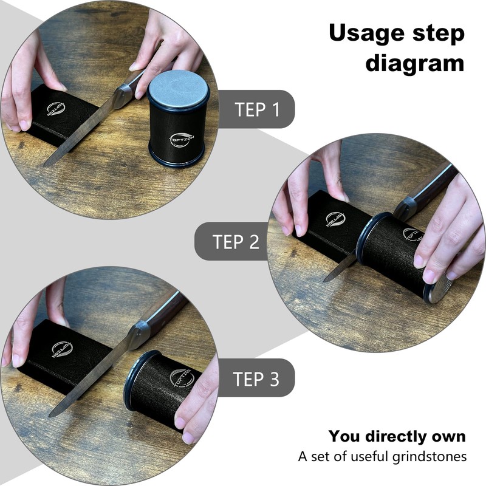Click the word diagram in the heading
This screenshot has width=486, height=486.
coord(414,63)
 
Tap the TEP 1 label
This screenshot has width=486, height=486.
coord(257,109)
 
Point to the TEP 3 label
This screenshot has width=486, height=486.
coord(256,379)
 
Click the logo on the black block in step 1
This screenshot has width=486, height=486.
coord(55,109)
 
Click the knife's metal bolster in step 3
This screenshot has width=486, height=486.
coord(139,333)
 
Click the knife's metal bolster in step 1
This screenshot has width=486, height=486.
coord(123,95)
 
